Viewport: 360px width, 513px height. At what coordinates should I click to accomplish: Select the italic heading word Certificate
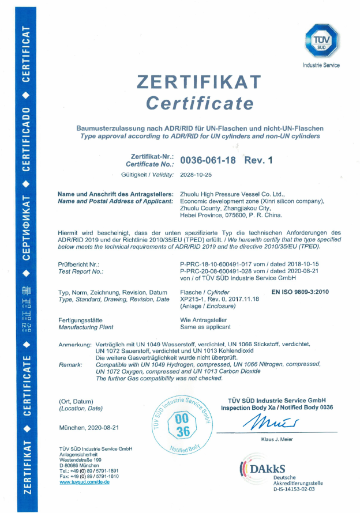tap(200, 103)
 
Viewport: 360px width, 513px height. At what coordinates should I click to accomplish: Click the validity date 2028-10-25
tap(197, 174)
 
